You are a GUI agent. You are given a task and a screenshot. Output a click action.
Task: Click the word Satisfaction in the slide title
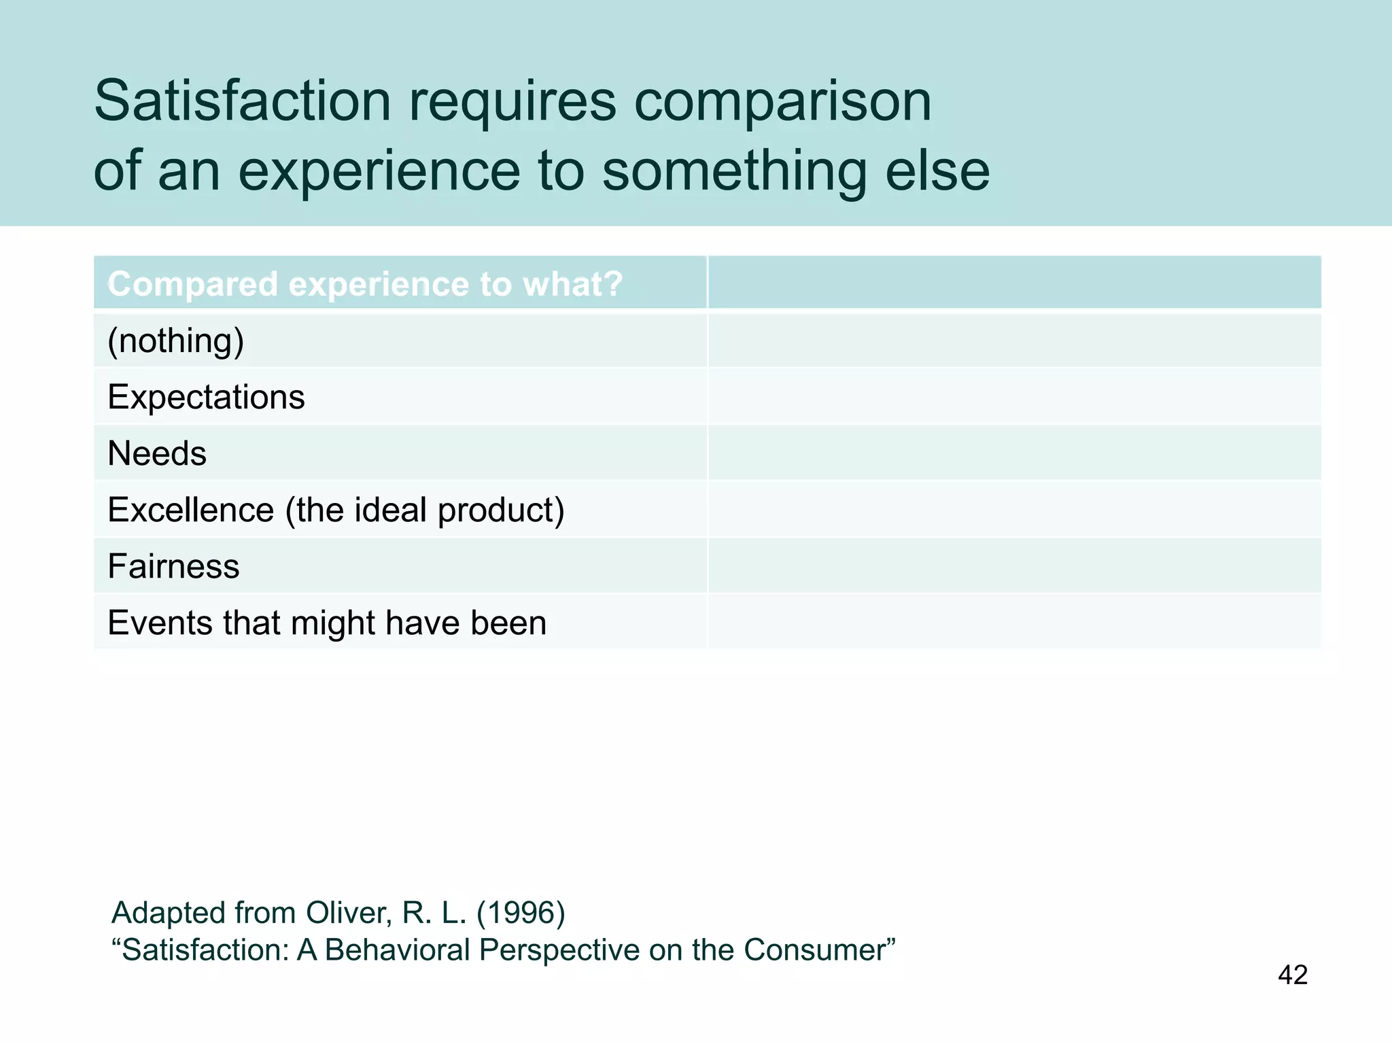tap(243, 101)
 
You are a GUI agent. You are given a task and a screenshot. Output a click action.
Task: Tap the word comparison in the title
tap(782, 102)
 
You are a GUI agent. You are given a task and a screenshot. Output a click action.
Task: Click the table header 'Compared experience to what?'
tap(365, 284)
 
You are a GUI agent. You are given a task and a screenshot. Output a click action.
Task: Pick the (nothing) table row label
tap(176, 341)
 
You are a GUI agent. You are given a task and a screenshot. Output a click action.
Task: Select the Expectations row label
tap(206, 397)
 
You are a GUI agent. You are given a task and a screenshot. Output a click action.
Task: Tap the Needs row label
tap(157, 453)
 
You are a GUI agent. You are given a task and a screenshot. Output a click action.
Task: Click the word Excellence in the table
tap(191, 510)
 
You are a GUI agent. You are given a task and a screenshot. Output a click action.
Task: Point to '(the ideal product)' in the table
tap(425, 510)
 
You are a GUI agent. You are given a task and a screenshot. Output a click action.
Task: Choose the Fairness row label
tap(173, 566)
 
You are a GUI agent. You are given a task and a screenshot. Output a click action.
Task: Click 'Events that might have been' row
tap(327, 623)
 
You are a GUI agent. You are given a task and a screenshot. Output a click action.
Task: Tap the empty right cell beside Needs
tap(1014, 453)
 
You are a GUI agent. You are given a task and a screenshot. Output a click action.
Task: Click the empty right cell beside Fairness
tap(1014, 566)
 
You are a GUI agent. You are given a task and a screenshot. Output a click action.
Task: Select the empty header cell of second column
tap(1014, 283)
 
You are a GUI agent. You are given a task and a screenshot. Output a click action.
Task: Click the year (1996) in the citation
tap(521, 913)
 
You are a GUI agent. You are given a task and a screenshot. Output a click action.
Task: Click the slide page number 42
tap(1292, 975)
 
